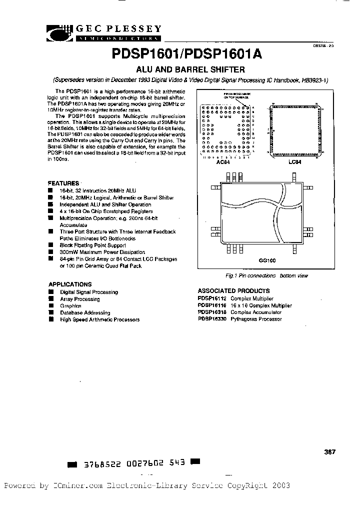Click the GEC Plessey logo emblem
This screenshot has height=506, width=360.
[61, 32]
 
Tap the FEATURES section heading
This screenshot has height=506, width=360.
[63, 183]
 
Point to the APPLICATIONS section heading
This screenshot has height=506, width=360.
[69, 284]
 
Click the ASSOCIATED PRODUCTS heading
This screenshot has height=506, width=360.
[233, 290]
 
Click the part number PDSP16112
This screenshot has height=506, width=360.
[212, 298]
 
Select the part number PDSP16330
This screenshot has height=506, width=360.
[212, 318]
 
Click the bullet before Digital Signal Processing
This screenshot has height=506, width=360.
[50, 291]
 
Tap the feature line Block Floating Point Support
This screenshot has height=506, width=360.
[93, 245]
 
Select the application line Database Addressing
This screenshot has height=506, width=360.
[85, 312]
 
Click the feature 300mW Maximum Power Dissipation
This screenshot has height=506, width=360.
[102, 252]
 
